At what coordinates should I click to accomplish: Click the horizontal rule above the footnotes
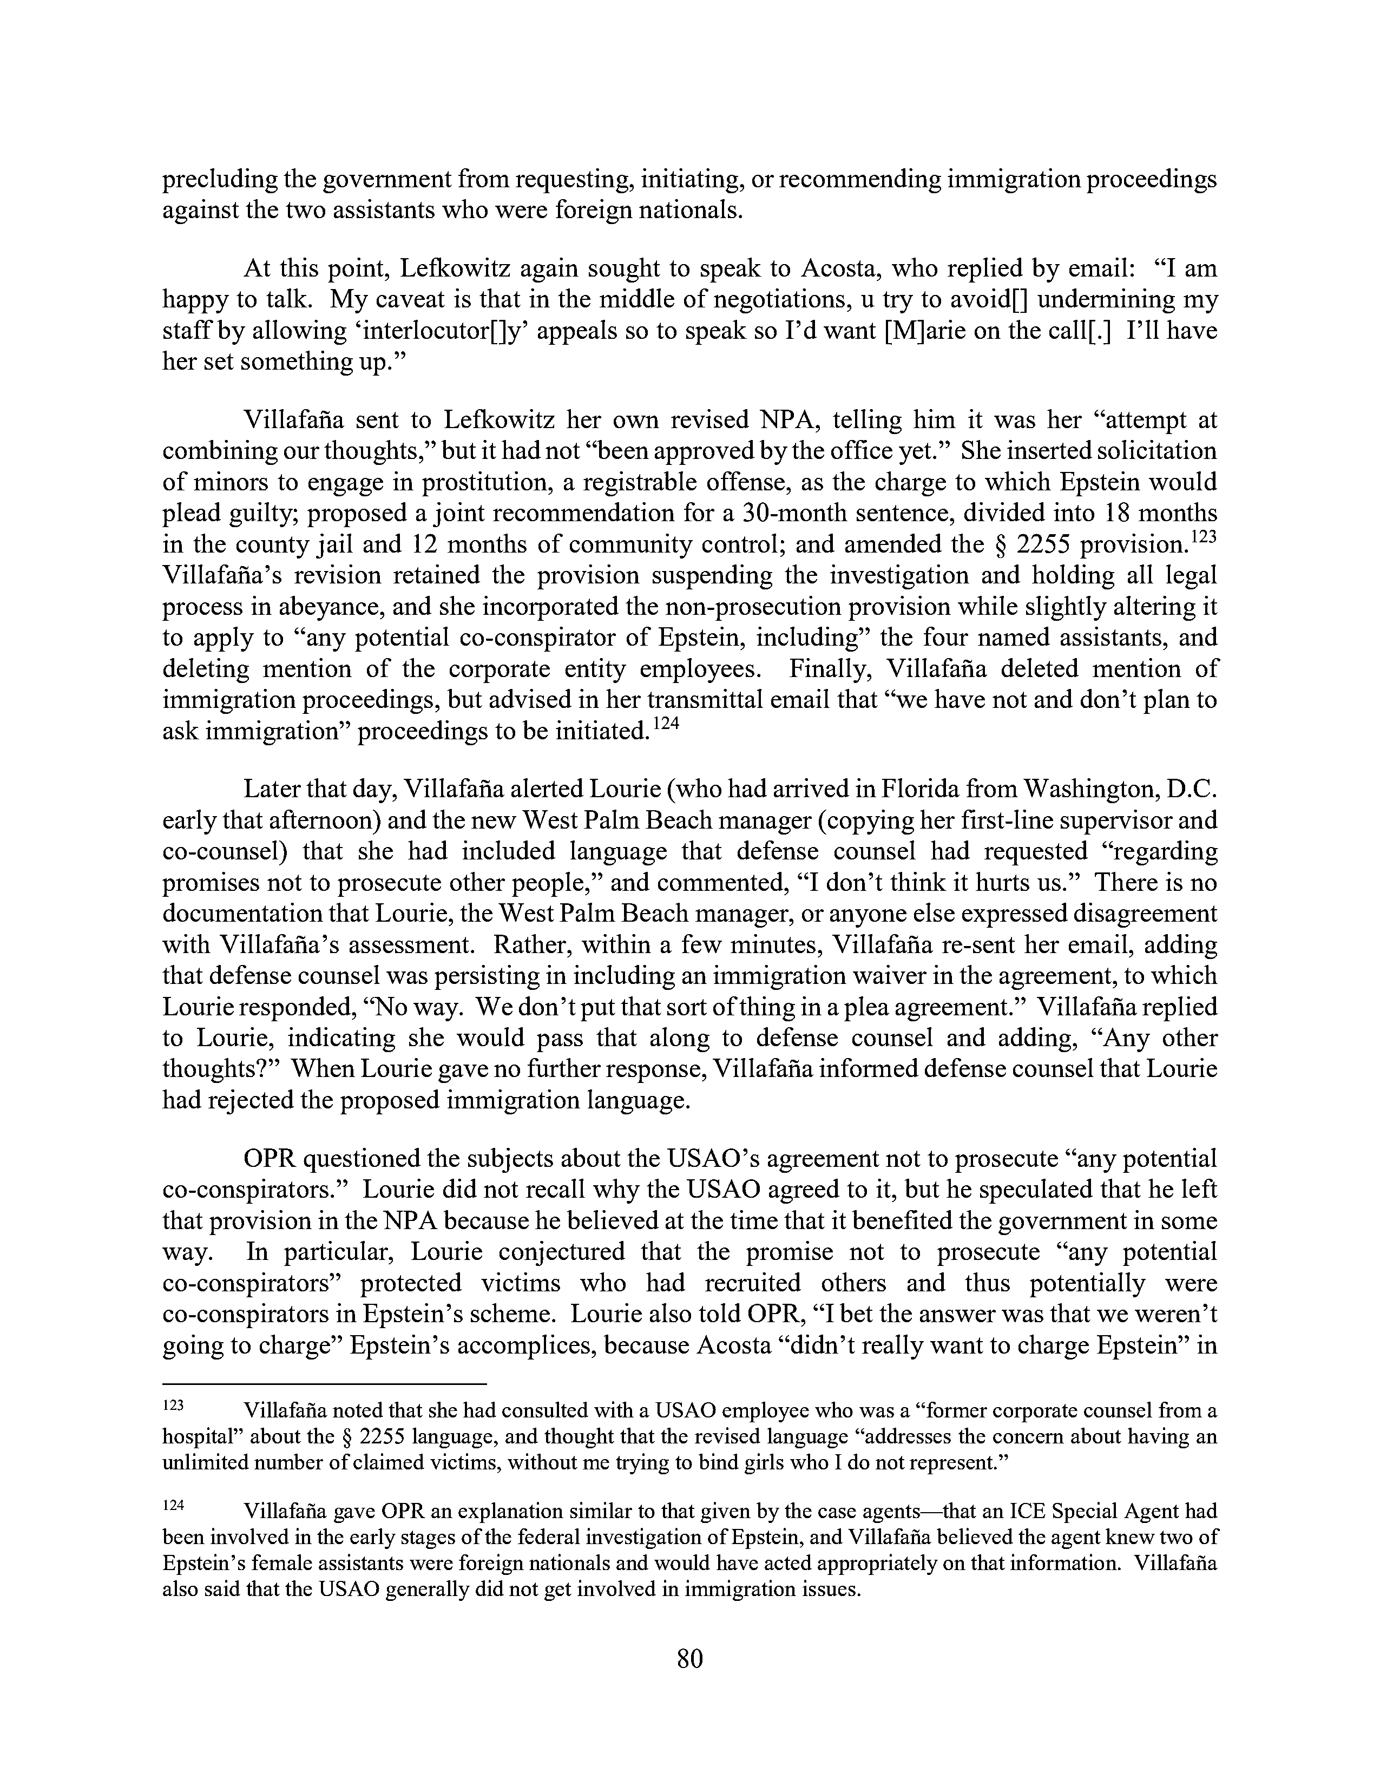325,1384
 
